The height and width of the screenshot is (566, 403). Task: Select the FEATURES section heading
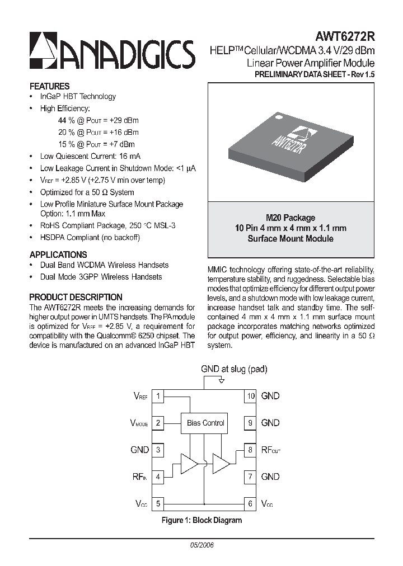(49, 86)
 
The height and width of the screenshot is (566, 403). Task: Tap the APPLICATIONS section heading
(58, 254)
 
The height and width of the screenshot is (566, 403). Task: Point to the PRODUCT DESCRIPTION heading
(76, 297)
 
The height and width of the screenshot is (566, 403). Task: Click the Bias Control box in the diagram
(205, 423)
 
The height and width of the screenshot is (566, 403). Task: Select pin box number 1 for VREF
(158, 396)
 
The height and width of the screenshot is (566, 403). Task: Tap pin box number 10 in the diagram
(250, 396)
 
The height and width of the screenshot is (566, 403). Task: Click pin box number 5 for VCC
(158, 503)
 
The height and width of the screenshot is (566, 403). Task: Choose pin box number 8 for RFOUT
(250, 450)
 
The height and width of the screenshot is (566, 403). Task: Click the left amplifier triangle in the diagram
(189, 464)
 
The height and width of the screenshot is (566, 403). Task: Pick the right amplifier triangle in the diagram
(221, 464)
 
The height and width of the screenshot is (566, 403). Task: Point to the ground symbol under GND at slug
(222, 381)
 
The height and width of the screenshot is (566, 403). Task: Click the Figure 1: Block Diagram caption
(201, 520)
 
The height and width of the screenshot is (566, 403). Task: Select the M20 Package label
(290, 218)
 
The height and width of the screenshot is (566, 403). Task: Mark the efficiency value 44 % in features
(66, 120)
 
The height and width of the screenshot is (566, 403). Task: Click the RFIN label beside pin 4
(139, 477)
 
